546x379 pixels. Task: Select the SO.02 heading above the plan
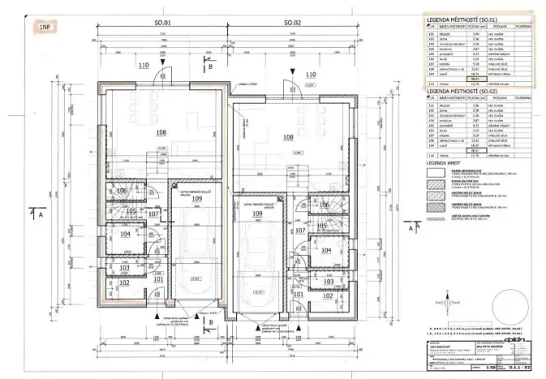click(292, 24)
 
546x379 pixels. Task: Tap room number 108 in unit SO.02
click(287, 137)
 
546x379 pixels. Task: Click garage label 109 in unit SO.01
click(196, 198)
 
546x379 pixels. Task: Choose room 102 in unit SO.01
click(124, 283)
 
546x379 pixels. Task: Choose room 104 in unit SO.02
click(326, 251)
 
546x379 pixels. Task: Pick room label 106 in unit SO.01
click(122, 191)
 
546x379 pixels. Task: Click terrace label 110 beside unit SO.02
click(310, 75)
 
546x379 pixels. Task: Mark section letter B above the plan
click(210, 68)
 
